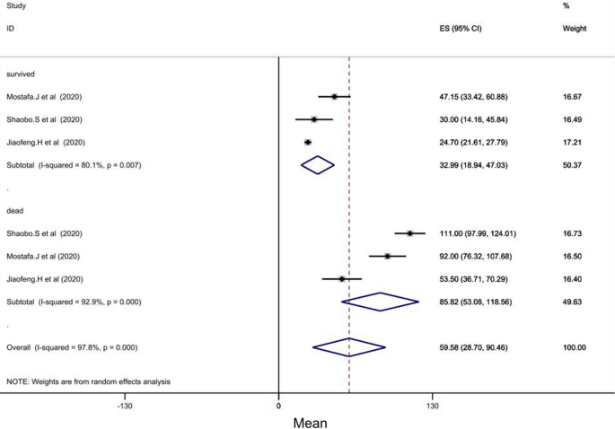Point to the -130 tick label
click(125, 406)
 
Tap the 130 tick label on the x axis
click(433, 406)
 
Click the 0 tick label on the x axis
click(278, 406)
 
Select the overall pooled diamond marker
click(348, 347)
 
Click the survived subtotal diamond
click(317, 165)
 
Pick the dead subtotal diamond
click(380, 302)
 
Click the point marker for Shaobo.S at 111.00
click(409, 233)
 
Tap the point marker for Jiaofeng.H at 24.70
click(308, 142)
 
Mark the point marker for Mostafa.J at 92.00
click(387, 256)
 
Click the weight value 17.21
click(573, 142)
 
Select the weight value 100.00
click(573, 347)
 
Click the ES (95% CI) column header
click(458, 29)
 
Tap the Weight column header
click(574, 29)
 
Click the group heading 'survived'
click(22, 74)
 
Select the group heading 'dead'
click(15, 211)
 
